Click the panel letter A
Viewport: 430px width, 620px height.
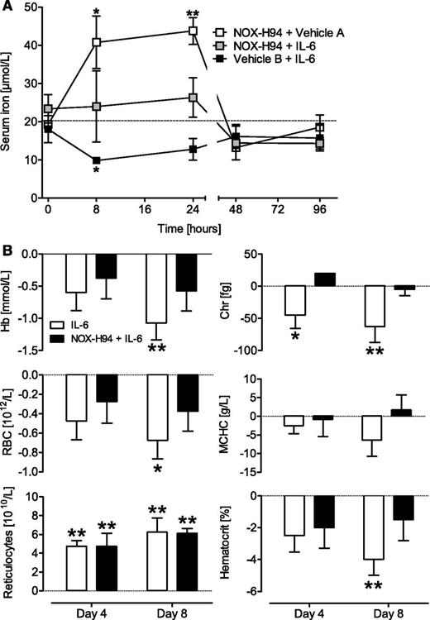(7, 7)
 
